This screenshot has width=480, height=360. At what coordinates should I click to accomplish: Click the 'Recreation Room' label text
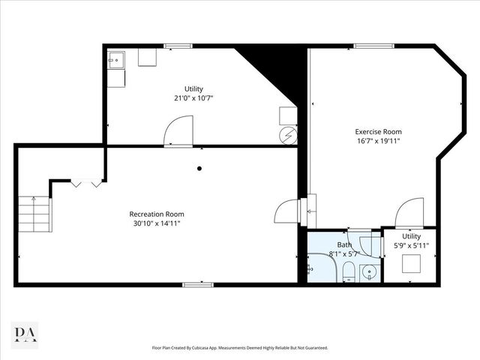click(x=154, y=214)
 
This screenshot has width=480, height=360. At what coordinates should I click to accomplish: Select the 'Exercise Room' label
click(x=373, y=132)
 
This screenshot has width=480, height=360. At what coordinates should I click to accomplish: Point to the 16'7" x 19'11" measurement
click(x=373, y=141)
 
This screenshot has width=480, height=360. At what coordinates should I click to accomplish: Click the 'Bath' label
click(x=343, y=244)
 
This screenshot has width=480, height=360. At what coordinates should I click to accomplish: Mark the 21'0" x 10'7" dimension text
click(x=193, y=97)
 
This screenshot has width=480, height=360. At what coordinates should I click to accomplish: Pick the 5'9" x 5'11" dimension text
click(x=411, y=245)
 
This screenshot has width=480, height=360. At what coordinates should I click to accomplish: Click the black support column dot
click(x=199, y=168)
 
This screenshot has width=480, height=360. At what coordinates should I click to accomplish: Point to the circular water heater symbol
click(x=287, y=136)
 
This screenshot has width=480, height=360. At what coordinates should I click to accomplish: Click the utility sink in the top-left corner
click(x=117, y=58)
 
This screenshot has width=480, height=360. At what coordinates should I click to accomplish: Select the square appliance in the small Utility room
click(x=411, y=265)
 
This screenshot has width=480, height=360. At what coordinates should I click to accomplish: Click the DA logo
click(x=25, y=334)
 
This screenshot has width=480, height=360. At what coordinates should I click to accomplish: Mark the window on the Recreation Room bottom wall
click(x=194, y=283)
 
